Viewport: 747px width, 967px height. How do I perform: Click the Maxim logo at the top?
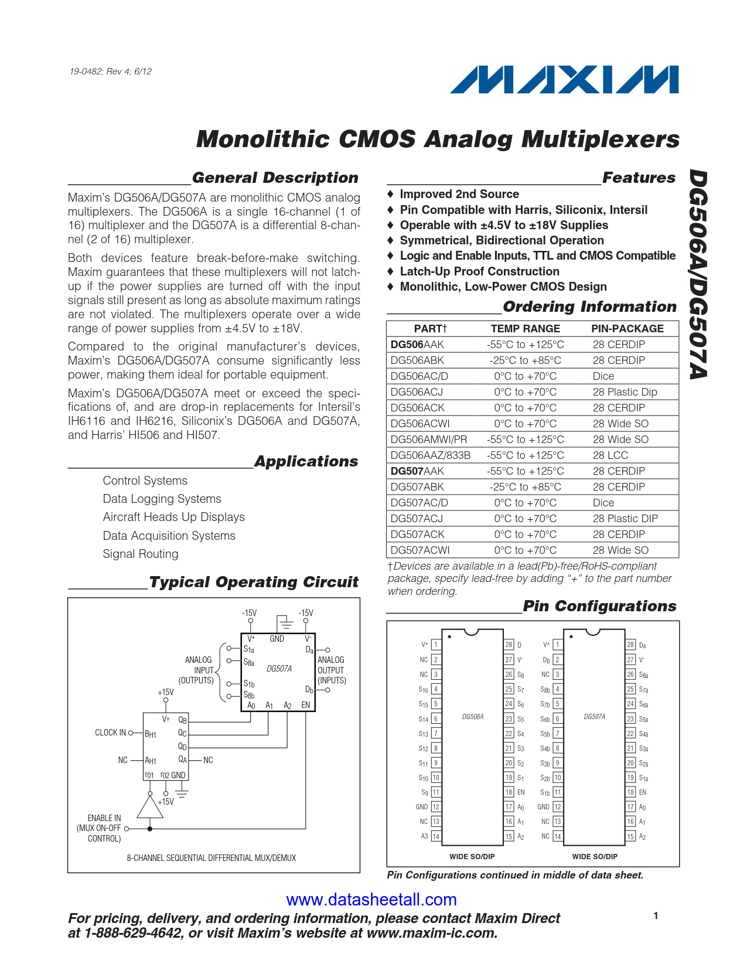(x=564, y=80)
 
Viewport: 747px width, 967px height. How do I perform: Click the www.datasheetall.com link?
(x=371, y=899)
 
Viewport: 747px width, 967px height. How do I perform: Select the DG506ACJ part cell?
(x=417, y=392)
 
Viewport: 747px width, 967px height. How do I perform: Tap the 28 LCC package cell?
(x=610, y=455)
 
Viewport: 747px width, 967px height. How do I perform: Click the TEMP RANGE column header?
(x=525, y=329)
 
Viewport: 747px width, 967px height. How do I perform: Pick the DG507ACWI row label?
(x=419, y=550)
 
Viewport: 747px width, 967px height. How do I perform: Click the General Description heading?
(x=275, y=178)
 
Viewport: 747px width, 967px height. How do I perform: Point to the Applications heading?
(x=306, y=462)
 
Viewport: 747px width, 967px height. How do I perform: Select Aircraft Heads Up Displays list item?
(x=173, y=517)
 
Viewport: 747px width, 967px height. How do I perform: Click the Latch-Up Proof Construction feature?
(x=479, y=271)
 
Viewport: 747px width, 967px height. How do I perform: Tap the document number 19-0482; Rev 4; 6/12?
(x=110, y=71)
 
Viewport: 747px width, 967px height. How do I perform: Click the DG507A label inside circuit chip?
(x=279, y=669)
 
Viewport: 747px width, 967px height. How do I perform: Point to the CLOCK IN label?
(x=110, y=733)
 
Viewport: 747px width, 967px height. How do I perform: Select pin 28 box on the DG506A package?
(x=509, y=645)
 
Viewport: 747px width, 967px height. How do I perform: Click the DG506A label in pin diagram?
(x=473, y=717)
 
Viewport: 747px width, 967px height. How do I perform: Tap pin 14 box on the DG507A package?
(x=557, y=836)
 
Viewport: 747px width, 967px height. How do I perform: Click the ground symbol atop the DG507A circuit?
(x=285, y=622)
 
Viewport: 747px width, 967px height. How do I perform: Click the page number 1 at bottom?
(x=656, y=915)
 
